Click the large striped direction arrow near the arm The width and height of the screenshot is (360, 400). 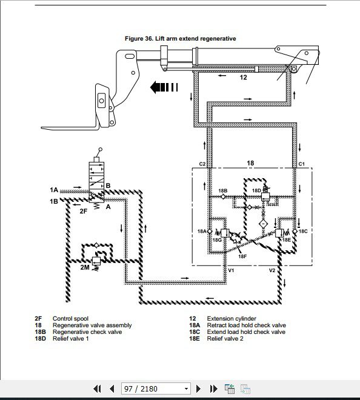[164, 87]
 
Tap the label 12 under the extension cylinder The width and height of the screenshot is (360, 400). [244, 78]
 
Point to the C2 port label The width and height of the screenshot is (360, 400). [202, 164]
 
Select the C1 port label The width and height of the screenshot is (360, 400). [302, 164]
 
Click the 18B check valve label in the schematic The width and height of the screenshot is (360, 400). [223, 191]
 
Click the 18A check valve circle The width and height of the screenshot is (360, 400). [209, 231]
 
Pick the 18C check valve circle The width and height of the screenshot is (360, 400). [295, 231]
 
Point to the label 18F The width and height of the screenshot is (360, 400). [242, 256]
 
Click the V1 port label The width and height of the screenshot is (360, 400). [231, 270]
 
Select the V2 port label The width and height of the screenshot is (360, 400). [272, 270]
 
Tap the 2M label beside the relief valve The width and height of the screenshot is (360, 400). [85, 267]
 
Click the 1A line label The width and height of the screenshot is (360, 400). [54, 190]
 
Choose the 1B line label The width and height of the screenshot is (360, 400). [54, 202]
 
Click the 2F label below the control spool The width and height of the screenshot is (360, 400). [84, 211]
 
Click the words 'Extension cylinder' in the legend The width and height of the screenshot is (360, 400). [232, 319]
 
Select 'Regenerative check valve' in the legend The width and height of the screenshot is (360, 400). [87, 332]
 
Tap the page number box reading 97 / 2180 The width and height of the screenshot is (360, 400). [156, 388]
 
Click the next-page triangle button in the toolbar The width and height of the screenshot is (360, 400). [198, 388]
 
